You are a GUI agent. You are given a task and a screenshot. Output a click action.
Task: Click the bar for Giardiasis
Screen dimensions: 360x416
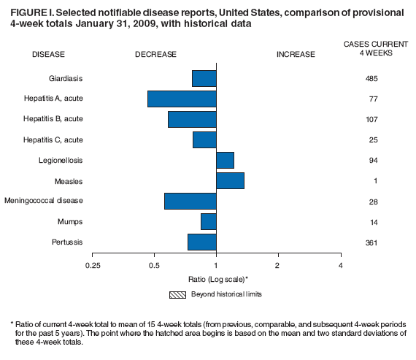coord(204,78)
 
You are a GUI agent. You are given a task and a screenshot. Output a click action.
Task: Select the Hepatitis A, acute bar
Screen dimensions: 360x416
coord(182,99)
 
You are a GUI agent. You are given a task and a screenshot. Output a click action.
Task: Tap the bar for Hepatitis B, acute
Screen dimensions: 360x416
coord(192,119)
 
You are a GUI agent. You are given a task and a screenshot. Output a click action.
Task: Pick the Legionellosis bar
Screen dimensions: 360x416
coord(225,160)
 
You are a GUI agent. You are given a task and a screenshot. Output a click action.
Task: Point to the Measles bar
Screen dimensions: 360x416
coord(230,180)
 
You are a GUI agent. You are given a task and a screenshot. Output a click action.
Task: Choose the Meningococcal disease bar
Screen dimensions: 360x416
coord(190,201)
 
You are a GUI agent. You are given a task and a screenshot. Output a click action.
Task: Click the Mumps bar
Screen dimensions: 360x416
coord(208,221)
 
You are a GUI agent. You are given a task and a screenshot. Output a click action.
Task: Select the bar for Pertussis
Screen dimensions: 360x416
coord(201,242)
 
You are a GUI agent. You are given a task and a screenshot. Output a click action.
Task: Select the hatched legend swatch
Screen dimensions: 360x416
coord(177,294)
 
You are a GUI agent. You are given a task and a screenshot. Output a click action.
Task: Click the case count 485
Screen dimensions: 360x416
coord(371,78)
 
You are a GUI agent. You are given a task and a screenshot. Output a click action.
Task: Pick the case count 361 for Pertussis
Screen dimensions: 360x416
coord(371,242)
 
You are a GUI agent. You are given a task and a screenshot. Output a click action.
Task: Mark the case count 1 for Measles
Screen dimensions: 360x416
coord(371,181)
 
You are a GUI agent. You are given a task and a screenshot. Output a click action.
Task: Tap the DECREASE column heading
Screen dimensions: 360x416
coord(155,54)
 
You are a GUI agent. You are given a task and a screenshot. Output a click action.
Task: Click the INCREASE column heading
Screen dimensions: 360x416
coord(296,54)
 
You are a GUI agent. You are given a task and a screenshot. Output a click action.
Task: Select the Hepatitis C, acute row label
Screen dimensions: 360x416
coord(53,139)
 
